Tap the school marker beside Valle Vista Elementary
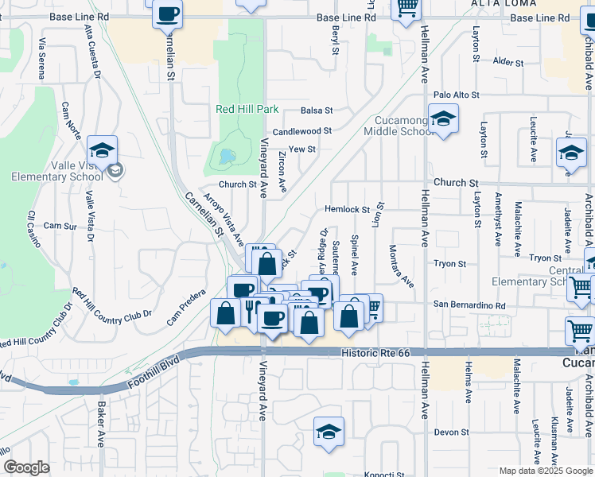pos(102,151)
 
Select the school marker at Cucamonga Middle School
pos(442,120)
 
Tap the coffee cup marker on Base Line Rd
pos(168,16)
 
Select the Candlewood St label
pos(301,131)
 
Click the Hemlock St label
pos(347,210)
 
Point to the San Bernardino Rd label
pos(469,305)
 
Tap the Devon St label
pos(451,432)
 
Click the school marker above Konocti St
pos(329,432)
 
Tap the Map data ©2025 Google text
pos(545,471)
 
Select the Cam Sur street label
pos(60,226)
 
